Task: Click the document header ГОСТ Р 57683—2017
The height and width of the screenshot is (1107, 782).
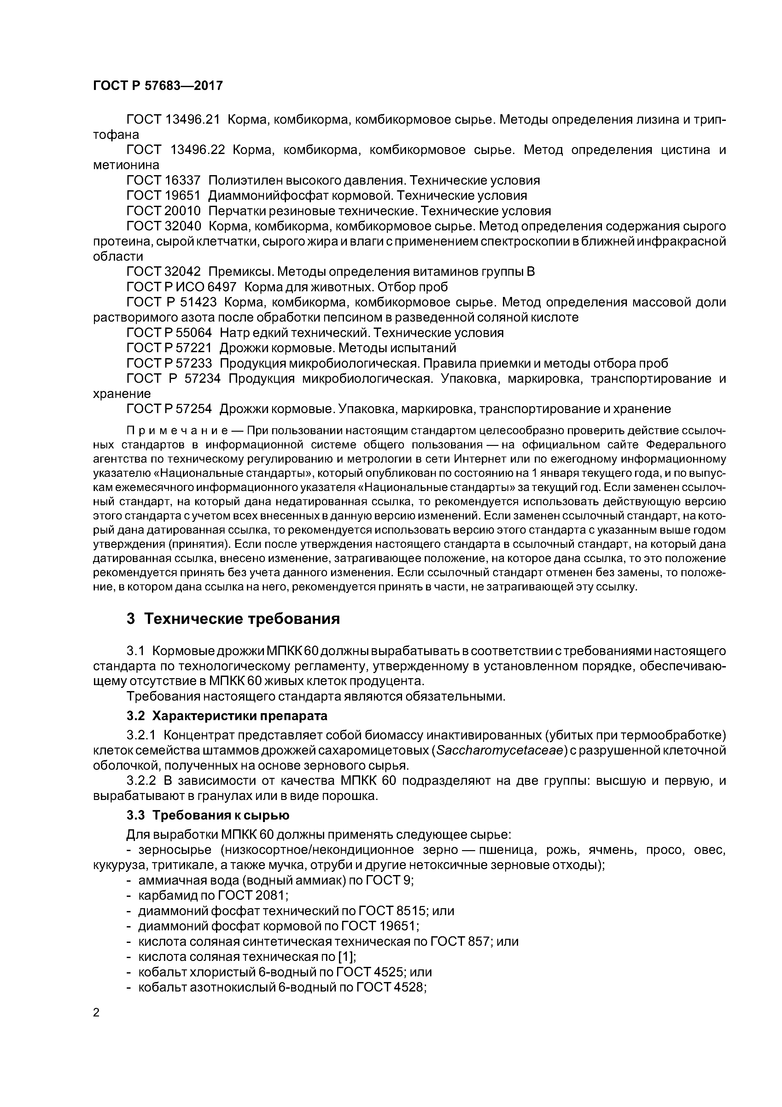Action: (158, 86)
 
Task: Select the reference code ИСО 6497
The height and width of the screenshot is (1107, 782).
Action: (208, 287)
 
